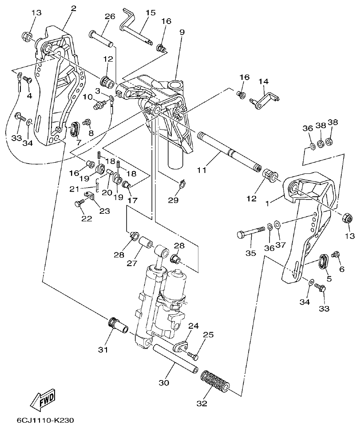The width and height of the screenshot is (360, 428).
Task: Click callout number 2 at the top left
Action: (73, 8)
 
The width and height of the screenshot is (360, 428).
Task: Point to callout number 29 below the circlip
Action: (173, 200)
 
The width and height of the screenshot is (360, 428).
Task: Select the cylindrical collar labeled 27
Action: (146, 244)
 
